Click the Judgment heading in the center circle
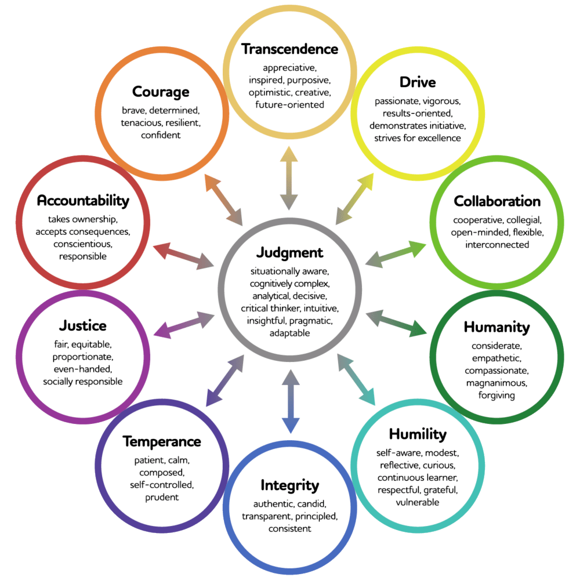click(289, 253)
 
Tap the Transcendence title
click(289, 49)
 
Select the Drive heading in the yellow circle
click(418, 82)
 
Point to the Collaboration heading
click(497, 201)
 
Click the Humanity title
click(496, 327)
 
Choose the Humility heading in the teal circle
click(418, 434)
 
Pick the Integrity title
click(289, 485)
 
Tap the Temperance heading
click(162, 441)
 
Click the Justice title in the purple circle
click(82, 325)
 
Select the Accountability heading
click(82, 201)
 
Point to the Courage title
click(161, 92)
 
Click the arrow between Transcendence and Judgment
click(289, 178)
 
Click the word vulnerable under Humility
click(418, 502)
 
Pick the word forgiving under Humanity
click(496, 395)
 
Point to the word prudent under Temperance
click(162, 497)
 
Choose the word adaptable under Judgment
click(289, 333)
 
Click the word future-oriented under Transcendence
click(289, 104)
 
